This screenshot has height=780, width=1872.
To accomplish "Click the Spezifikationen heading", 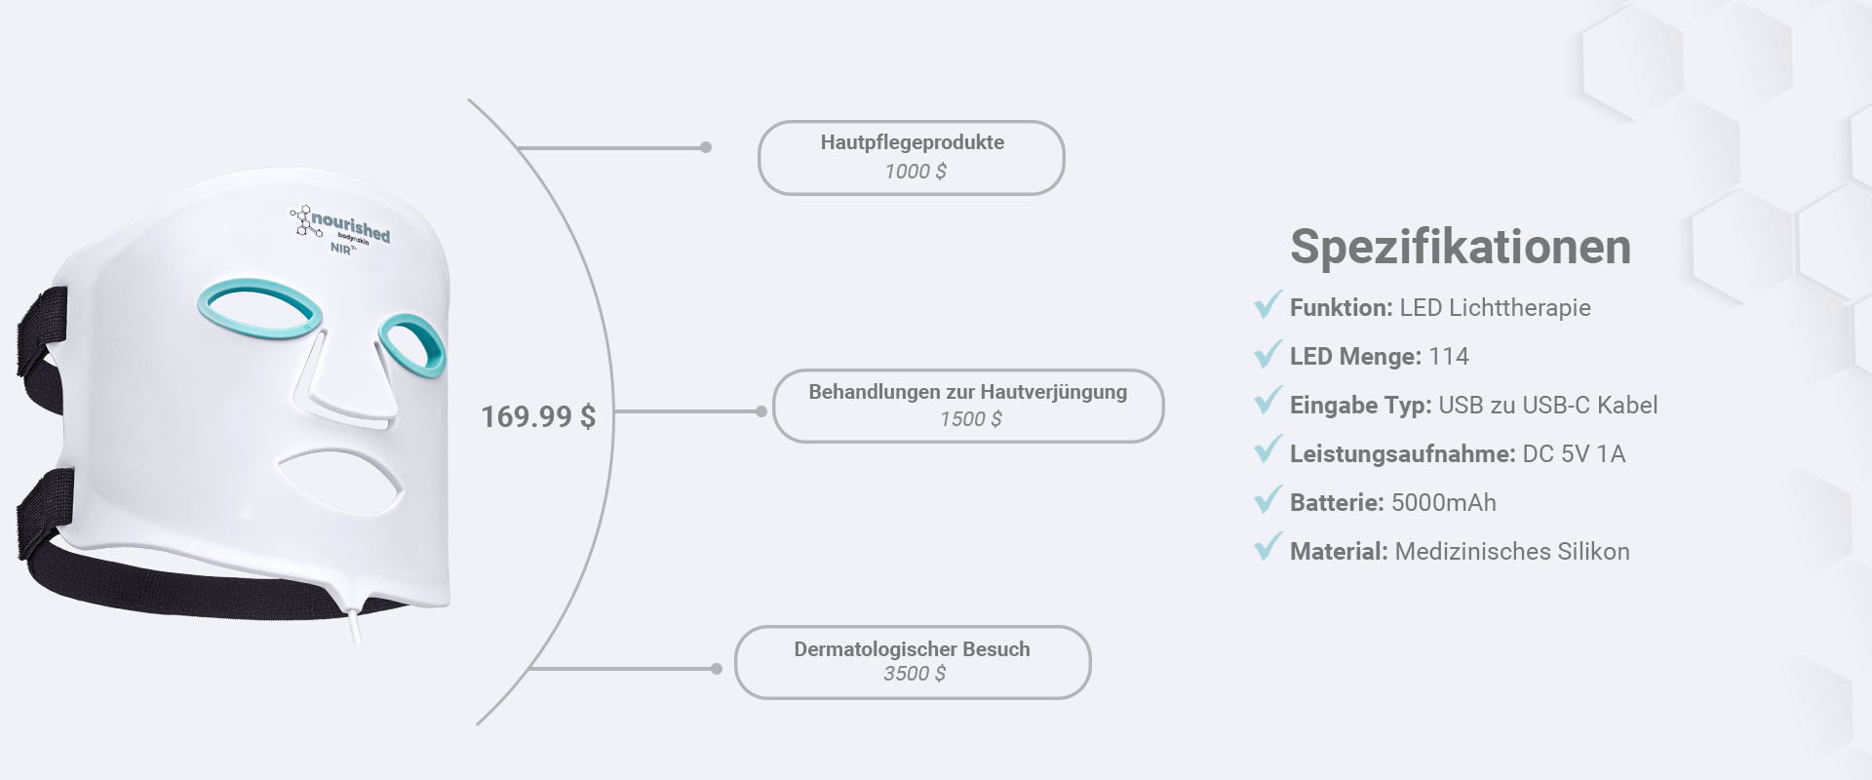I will click(x=1460, y=247).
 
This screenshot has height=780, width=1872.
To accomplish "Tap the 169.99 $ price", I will click(x=537, y=417).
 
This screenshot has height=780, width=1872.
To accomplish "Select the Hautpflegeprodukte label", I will click(x=912, y=142).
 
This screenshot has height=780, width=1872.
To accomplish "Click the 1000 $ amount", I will click(x=915, y=172).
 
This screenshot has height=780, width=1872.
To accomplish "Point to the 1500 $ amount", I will click(x=970, y=419).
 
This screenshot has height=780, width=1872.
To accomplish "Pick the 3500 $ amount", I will click(x=914, y=674).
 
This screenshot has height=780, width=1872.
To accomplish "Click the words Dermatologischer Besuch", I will click(x=912, y=649).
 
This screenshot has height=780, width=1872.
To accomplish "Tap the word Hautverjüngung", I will click(x=1053, y=392).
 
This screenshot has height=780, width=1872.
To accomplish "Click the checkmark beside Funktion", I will click(x=1267, y=305).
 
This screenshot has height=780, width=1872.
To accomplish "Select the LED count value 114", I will click(x=1448, y=357).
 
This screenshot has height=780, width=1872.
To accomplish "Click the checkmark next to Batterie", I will click(x=1267, y=500).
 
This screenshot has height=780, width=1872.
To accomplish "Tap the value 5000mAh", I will click(x=1443, y=503).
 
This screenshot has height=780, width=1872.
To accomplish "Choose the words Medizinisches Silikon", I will click(x=1511, y=552).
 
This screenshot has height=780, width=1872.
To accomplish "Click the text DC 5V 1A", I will click(x=1573, y=454).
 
